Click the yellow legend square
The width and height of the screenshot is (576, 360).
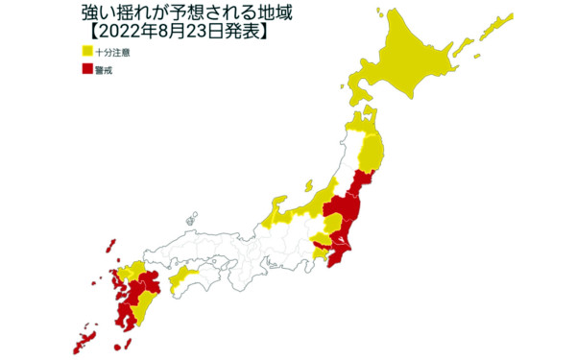(87, 52)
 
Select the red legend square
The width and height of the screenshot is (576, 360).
(87, 70)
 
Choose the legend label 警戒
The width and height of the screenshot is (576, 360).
(106, 70)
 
